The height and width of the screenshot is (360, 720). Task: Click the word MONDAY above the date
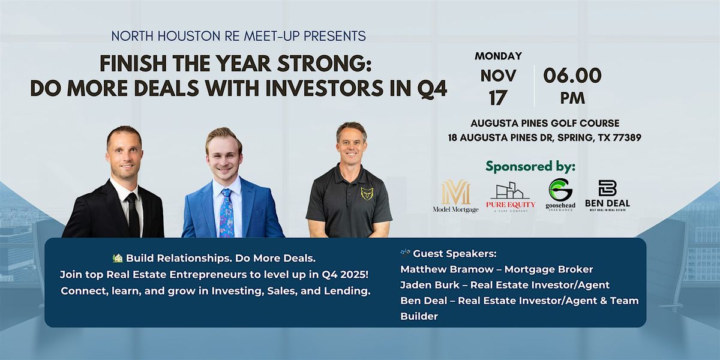tap(498, 56)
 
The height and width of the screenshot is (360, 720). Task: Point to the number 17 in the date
tap(498, 97)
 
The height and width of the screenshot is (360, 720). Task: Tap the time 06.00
tap(572, 76)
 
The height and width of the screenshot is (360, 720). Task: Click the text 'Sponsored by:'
tap(530, 166)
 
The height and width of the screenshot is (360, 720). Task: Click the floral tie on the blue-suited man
tap(227, 212)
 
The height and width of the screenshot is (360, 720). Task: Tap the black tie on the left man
tap(133, 214)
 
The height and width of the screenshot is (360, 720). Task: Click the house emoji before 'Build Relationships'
tap(118, 259)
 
